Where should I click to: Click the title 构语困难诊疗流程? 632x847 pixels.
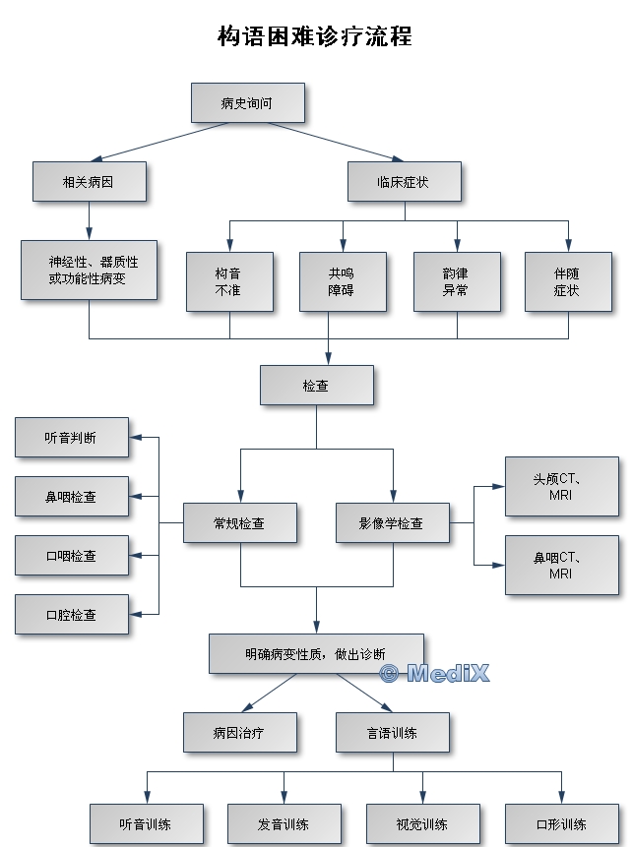[x=315, y=36]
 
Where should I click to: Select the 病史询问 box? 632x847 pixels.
[x=247, y=102]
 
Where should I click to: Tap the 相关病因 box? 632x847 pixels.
[x=89, y=182]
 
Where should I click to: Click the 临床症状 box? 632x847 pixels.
[x=403, y=182]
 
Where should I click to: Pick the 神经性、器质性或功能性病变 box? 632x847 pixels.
[x=89, y=271]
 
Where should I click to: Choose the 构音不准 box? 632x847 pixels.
[x=229, y=281]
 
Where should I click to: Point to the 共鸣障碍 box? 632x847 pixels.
[x=343, y=281]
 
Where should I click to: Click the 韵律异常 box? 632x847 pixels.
[x=457, y=281]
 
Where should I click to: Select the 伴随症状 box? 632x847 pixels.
[x=568, y=281]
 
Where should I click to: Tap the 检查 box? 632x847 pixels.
[x=316, y=386]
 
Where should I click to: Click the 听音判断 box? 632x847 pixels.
[x=72, y=438]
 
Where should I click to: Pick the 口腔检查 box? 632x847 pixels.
[x=72, y=615]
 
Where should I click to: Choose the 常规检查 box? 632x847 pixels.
[x=240, y=523]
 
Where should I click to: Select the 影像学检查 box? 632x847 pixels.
[x=393, y=523]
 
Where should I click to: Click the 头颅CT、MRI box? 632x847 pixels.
[x=562, y=486]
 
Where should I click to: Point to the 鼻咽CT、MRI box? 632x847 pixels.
[x=562, y=565]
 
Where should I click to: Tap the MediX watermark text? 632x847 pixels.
[x=434, y=673]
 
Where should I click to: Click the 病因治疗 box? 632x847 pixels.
[x=240, y=733]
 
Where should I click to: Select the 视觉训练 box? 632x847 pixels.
[x=423, y=824]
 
